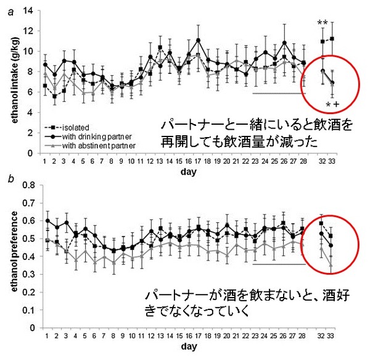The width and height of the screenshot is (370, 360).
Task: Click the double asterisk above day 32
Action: (322, 24)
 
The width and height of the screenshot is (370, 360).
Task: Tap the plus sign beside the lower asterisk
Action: (336, 105)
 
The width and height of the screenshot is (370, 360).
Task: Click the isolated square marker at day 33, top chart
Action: (332, 39)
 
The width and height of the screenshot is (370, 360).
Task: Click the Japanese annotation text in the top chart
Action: (253, 133)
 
